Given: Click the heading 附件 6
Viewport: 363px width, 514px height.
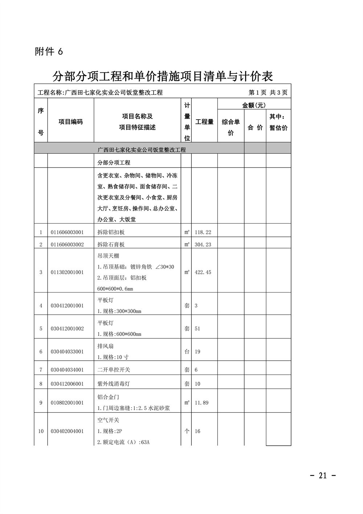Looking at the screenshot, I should click(49, 52).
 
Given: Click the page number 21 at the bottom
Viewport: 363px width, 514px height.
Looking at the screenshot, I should click(323, 475).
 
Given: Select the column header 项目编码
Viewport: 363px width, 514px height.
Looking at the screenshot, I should click(71, 122).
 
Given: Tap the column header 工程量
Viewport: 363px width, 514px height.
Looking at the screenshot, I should click(204, 122).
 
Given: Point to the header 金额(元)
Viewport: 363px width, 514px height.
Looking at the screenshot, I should click(254, 105).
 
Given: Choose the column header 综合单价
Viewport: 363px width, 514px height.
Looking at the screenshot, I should click(231, 127).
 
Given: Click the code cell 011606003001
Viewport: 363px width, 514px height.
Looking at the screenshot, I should click(67, 232).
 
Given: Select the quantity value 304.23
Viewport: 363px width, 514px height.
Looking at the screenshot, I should click(203, 245).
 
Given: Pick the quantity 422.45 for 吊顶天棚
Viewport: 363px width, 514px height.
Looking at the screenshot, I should click(203, 272).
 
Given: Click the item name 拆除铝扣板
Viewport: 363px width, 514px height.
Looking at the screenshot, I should click(111, 232).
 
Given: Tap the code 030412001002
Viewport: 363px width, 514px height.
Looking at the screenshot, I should click(67, 329).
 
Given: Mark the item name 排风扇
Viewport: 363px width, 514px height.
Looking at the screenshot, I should click(106, 346).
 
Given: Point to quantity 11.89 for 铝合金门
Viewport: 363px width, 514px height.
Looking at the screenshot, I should click(202, 403).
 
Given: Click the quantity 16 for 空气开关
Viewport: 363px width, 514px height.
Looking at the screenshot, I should click(197, 431).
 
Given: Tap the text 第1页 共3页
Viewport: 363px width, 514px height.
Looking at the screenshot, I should click(268, 93).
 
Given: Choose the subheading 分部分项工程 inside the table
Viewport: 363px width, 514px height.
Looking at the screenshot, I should click(114, 162).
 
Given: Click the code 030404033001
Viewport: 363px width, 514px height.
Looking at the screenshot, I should click(67, 352).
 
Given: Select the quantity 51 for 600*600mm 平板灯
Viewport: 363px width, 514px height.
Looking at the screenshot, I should click(197, 329).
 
